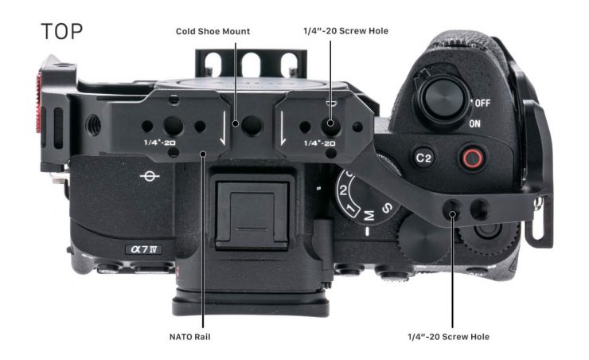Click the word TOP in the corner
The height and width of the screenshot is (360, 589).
coord(61,33)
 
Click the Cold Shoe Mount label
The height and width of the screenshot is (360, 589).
coord(213,31)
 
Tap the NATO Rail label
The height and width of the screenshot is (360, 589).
coord(190,336)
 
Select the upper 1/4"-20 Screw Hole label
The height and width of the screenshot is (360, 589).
coord(352,31)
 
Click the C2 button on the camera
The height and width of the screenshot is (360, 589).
coord(423,158)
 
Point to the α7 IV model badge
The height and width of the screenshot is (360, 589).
coord(143,249)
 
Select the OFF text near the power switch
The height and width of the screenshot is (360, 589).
coord(481,104)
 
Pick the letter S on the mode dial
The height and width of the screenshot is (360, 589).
coord(384,209)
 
